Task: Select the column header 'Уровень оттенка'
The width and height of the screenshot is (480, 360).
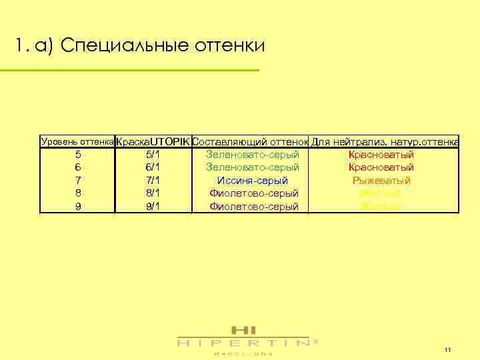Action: click(77, 141)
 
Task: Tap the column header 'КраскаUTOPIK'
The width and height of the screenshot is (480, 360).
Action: click(153, 142)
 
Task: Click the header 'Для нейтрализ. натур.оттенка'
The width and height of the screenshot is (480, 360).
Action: click(385, 142)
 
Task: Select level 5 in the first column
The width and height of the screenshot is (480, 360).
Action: click(78, 155)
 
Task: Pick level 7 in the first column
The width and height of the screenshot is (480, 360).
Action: click(78, 181)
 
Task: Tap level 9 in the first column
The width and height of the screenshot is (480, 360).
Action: click(78, 207)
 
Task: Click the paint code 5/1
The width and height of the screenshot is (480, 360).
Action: click(152, 155)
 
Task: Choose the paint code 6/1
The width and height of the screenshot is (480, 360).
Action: click(152, 168)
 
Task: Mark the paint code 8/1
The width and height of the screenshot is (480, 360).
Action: click(152, 194)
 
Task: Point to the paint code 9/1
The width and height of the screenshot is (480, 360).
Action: click(152, 207)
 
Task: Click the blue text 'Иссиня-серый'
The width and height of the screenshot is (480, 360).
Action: click(253, 181)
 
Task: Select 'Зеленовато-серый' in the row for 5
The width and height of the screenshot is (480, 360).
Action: click(253, 155)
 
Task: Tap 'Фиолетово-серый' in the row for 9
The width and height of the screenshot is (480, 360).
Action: click(253, 207)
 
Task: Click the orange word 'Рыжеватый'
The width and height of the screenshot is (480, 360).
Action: click(381, 181)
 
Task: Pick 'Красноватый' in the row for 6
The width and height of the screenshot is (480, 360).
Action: click(381, 168)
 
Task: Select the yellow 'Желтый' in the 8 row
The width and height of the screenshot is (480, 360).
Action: click(381, 194)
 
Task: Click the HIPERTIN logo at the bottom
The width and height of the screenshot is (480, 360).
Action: click(243, 339)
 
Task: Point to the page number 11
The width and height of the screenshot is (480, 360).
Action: click(447, 350)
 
